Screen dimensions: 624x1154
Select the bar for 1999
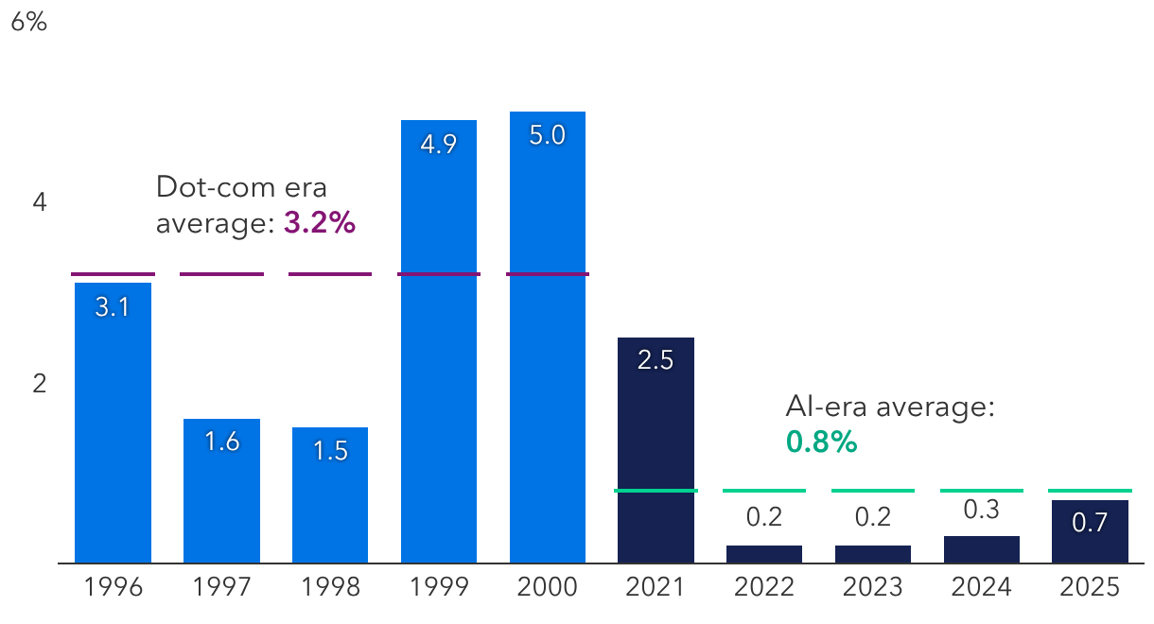pyautogui.click(x=439, y=341)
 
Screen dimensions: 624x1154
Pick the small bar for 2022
pyautogui.click(x=764, y=554)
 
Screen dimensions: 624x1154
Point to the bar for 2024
pyautogui.click(x=981, y=549)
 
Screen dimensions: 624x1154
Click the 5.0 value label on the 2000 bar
pyautogui.click(x=547, y=135)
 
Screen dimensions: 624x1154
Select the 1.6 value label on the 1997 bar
pyautogui.click(x=221, y=442)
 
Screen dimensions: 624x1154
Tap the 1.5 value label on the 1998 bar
pyautogui.click(x=330, y=451)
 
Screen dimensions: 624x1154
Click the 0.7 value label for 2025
pyautogui.click(x=1090, y=523)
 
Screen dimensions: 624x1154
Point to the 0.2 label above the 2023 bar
pyautogui.click(x=872, y=517)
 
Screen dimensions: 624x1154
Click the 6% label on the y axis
pyautogui.click(x=28, y=23)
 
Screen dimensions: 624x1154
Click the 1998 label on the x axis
pyautogui.click(x=330, y=587)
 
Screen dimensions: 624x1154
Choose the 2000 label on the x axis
pyautogui.click(x=547, y=587)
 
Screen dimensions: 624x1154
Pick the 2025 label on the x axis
pyautogui.click(x=1090, y=587)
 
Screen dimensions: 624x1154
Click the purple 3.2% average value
pyautogui.click(x=319, y=224)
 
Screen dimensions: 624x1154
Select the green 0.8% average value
pyautogui.click(x=821, y=442)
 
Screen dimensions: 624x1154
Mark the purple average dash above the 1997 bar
pyautogui.click(x=221, y=274)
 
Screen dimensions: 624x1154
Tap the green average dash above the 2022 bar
pyautogui.click(x=764, y=491)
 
